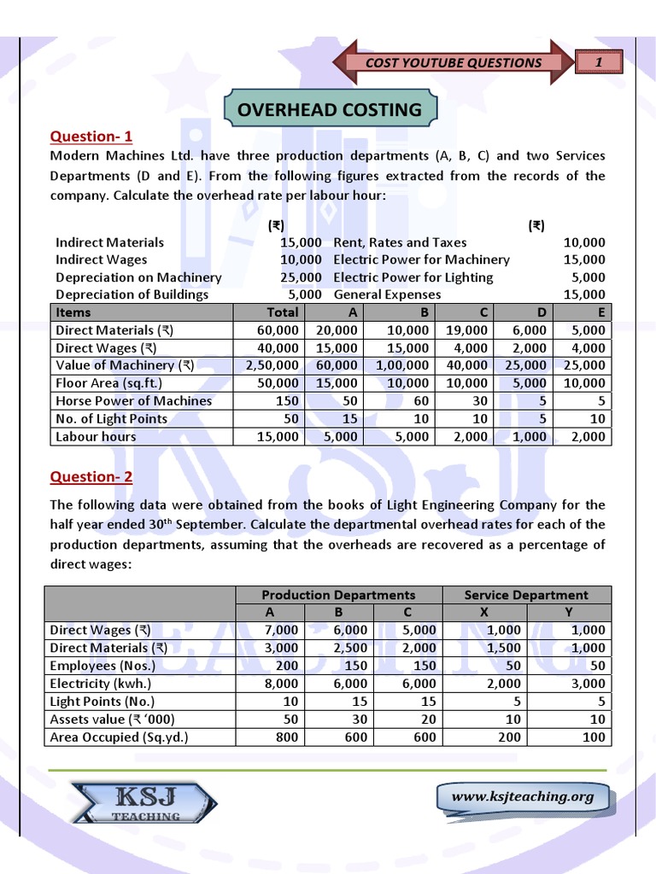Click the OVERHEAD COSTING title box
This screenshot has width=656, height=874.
click(x=330, y=109)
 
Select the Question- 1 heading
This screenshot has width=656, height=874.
click(x=91, y=137)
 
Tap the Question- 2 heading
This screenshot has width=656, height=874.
click(x=91, y=477)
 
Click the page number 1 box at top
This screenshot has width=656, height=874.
click(x=599, y=61)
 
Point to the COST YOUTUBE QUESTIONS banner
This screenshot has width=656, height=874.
click(x=454, y=62)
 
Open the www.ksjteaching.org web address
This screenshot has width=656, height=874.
click(x=522, y=796)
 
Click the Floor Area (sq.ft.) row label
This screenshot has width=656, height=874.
click(x=109, y=383)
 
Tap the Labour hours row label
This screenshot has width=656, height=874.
click(x=96, y=436)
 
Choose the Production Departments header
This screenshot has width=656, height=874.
click(x=338, y=595)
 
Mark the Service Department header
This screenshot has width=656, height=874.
click(x=525, y=595)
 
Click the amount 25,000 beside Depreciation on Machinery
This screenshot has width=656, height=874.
click(x=301, y=277)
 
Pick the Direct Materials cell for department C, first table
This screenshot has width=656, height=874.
click(x=467, y=330)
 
